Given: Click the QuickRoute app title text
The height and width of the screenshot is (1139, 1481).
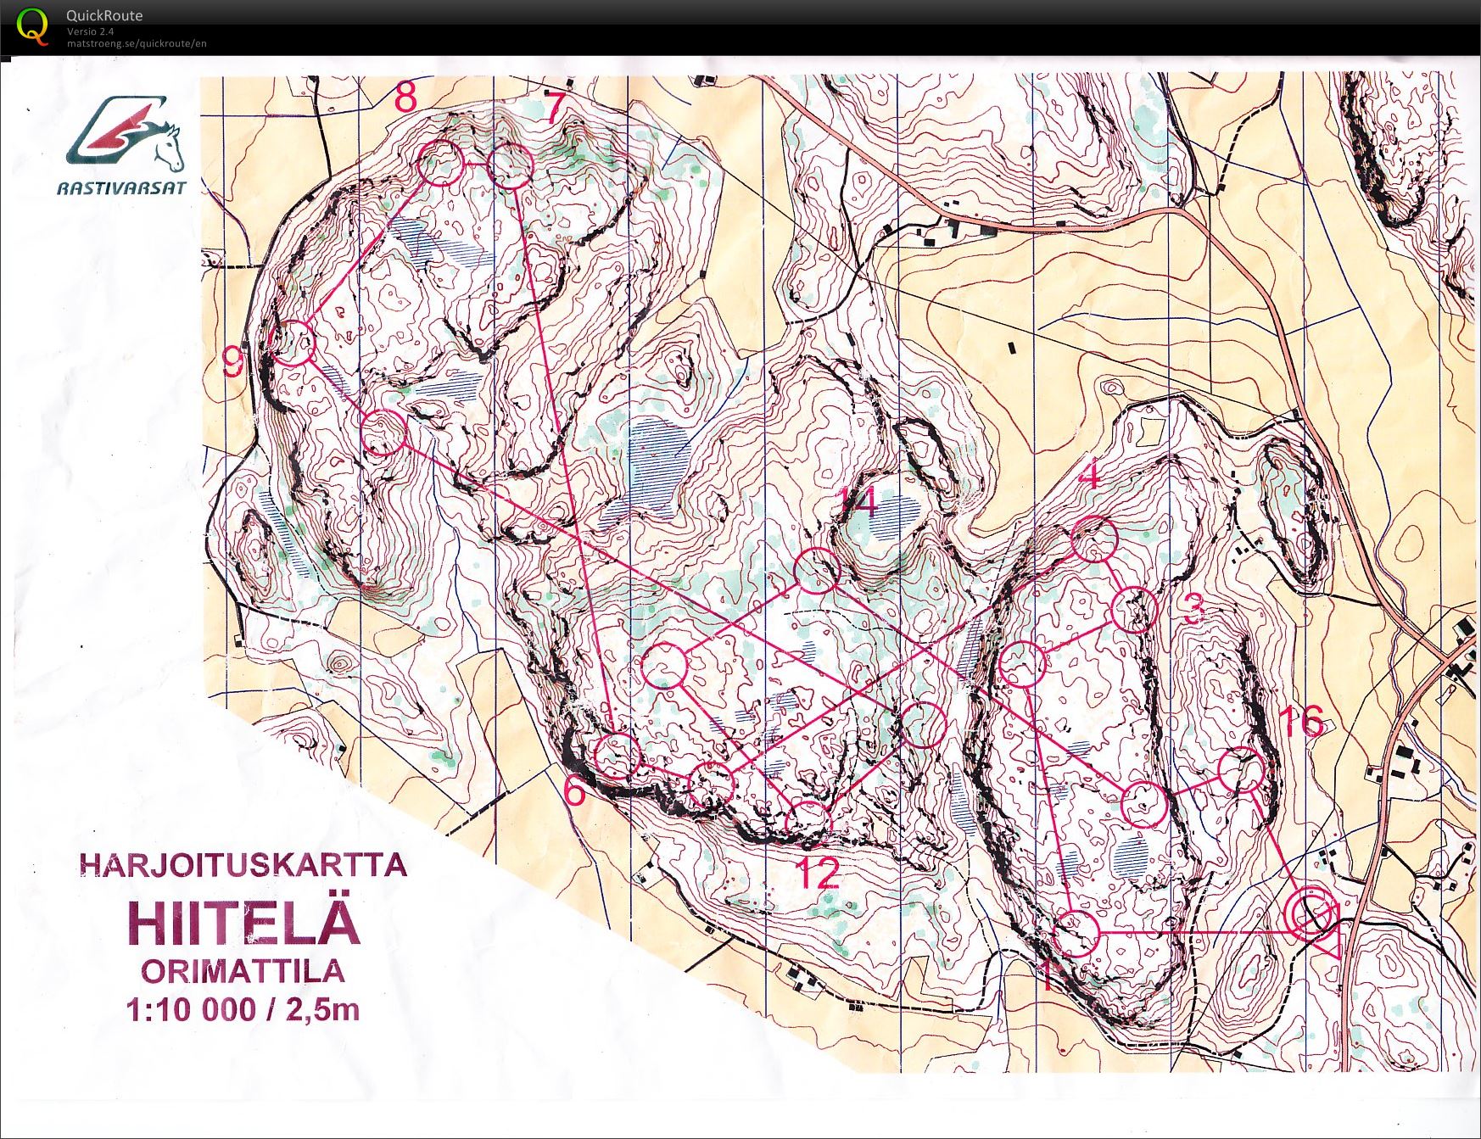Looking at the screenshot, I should tap(104, 15).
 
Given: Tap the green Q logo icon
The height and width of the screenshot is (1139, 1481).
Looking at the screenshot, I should tap(32, 25).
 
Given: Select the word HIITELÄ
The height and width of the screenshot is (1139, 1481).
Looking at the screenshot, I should tap(244, 923).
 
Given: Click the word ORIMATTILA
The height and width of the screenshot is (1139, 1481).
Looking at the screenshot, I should tap(243, 971).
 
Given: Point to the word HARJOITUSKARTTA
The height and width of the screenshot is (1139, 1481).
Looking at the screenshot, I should tap(243, 865).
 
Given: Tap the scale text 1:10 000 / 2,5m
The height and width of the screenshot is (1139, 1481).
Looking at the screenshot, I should tap(243, 1010).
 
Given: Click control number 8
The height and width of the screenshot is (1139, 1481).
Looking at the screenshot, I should tap(405, 98).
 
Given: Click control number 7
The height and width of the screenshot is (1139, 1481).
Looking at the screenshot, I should tap(554, 109).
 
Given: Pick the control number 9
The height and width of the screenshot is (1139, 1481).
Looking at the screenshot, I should tap(233, 363).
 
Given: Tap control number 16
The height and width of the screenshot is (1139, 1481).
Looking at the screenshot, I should tap(1300, 722).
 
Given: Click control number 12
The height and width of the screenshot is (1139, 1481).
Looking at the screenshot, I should tap(818, 874).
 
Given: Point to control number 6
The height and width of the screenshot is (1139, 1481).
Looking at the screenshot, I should tap(575, 792).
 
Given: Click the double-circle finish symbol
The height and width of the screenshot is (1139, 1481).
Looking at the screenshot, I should tap(1311, 914).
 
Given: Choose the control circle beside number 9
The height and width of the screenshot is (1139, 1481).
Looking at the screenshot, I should tap(293, 343).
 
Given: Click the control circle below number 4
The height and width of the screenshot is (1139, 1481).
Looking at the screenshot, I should tap(1094, 539).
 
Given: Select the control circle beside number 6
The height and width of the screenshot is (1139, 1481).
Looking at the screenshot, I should tap(617, 756).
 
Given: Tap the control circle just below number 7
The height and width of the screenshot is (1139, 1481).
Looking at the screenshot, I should tap(511, 166).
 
